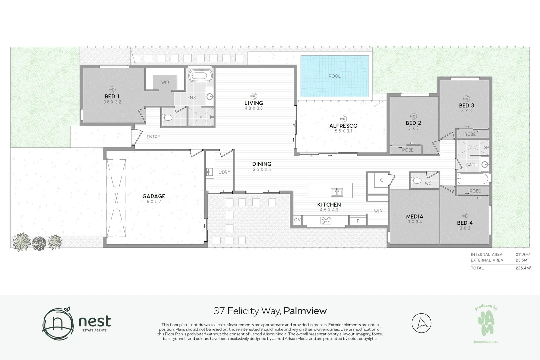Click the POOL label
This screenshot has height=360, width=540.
click(x=334, y=76)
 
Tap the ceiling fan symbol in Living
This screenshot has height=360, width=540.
click(x=253, y=96)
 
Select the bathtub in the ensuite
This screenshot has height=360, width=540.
click(x=201, y=76)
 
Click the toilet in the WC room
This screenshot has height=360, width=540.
click(x=416, y=180)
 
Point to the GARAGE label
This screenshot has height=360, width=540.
click(x=154, y=196)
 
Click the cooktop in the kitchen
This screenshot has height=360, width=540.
click(x=326, y=220)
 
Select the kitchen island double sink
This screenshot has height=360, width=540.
click(x=337, y=192)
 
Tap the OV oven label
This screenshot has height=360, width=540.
click(x=297, y=220)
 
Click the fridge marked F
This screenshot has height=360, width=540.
click(x=358, y=221)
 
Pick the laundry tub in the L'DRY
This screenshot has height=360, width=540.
click(x=209, y=172)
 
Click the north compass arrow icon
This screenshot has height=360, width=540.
click(x=421, y=323)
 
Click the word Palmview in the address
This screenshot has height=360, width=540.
click(x=305, y=311)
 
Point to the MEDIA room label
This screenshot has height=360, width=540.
click(x=415, y=217)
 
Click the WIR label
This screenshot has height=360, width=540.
click(x=165, y=82)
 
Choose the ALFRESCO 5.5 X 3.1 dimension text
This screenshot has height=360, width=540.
click(x=344, y=131)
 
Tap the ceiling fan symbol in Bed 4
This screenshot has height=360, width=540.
click(x=465, y=216)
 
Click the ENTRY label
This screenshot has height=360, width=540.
click(x=153, y=137)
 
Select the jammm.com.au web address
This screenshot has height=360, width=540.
click(x=486, y=342)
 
